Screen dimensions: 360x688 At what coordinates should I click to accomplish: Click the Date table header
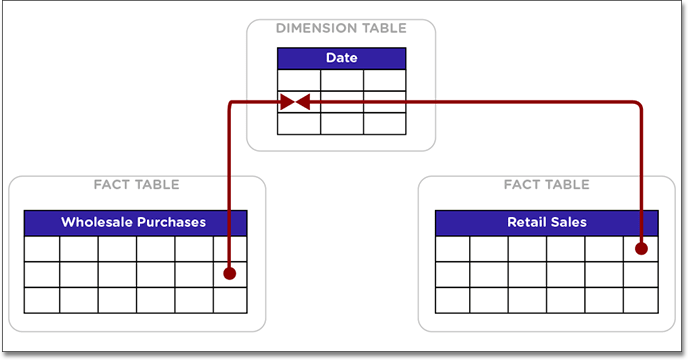tap(341, 58)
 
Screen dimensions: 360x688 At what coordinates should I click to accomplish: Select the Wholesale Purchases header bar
tap(135, 222)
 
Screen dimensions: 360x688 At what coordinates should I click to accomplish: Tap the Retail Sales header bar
tap(546, 222)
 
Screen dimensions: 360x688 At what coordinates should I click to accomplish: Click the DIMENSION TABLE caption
tap(341, 29)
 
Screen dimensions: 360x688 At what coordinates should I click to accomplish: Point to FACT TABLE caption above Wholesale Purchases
tap(136, 185)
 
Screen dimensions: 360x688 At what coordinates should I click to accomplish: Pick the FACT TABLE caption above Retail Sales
tap(546, 185)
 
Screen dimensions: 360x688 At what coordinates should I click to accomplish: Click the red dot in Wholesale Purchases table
tap(229, 273)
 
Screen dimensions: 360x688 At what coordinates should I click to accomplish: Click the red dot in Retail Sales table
tap(641, 248)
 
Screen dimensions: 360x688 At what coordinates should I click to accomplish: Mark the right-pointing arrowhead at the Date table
tap(287, 102)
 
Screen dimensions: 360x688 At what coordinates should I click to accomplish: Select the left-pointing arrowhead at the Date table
tap(302, 102)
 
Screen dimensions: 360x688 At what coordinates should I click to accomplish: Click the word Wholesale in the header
tap(97, 222)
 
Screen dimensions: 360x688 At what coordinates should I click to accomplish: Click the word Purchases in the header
tap(170, 222)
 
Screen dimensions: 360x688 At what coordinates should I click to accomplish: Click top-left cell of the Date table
tap(298, 80)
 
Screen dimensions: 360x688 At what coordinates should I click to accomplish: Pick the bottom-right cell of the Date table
tap(385, 123)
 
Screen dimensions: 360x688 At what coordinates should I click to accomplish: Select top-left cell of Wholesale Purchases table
tap(42, 248)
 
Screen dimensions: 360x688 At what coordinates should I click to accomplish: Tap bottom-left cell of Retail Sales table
tap(452, 299)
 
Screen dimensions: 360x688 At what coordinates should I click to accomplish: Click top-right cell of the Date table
tap(385, 80)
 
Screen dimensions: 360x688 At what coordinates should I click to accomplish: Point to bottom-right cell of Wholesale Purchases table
tap(230, 299)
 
